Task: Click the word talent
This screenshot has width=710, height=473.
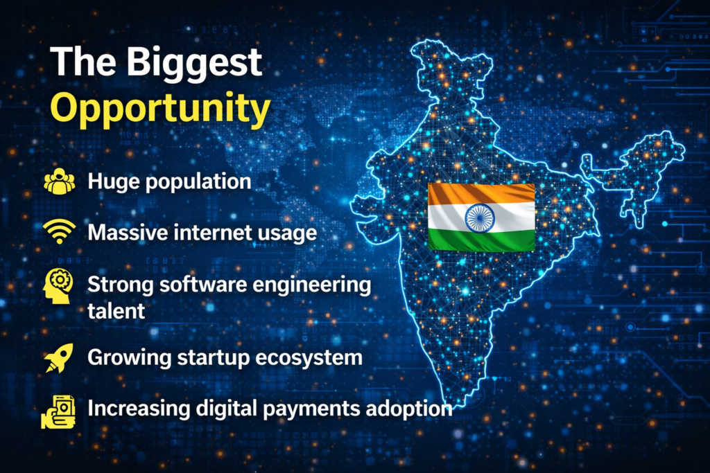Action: [x=116, y=311]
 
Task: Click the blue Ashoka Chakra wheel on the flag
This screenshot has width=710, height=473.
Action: [x=480, y=217]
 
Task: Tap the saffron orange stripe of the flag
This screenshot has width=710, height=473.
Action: [x=480, y=194]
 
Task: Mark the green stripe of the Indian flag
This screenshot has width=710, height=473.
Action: [x=480, y=240]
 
